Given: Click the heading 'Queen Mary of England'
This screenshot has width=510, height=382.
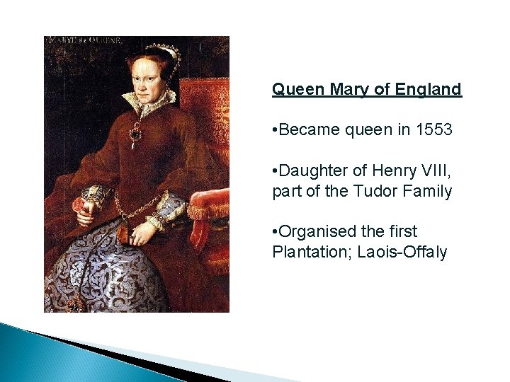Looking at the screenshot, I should click(367, 90).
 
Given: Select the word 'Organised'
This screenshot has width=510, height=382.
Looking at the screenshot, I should click(319, 232).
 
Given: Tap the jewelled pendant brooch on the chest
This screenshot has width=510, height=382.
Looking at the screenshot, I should click(135, 134).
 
